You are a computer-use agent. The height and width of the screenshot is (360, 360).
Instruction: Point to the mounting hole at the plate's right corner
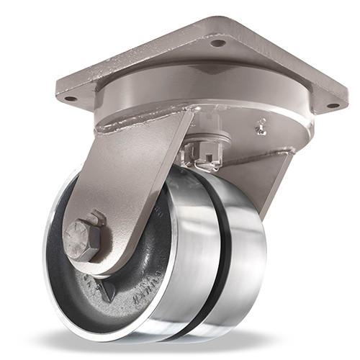[332, 106]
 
